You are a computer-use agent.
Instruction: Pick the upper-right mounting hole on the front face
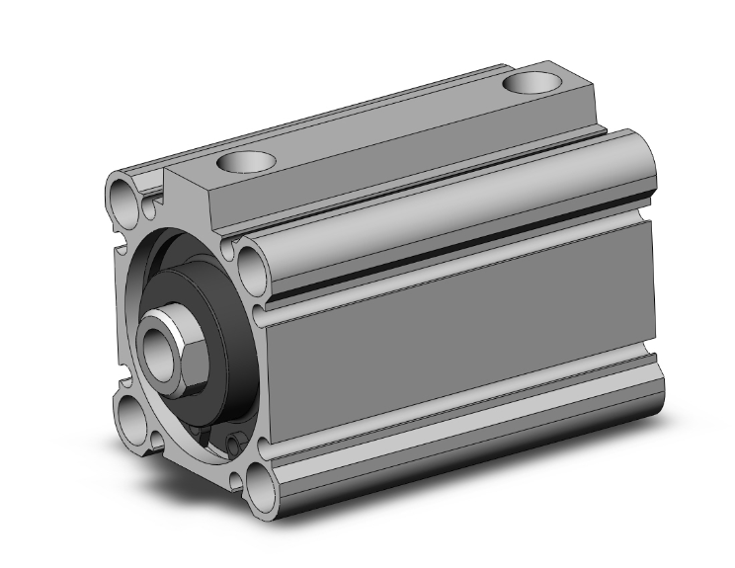(249, 264)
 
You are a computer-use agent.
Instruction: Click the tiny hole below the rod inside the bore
(234, 443)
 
